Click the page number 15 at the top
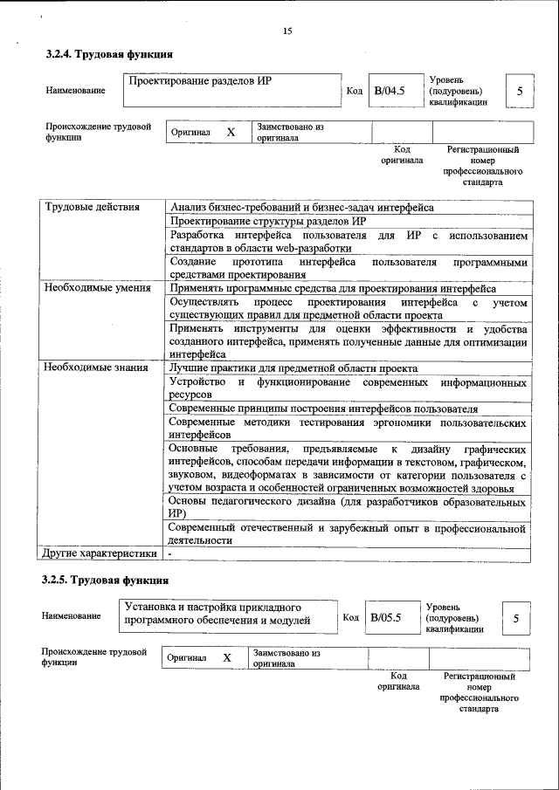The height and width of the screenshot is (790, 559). pyautogui.click(x=287, y=31)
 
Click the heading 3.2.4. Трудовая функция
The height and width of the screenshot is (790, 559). pyautogui.click(x=103, y=55)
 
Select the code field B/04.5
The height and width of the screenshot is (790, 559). pyautogui.click(x=390, y=90)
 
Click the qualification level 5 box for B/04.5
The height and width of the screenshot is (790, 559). pyautogui.click(x=520, y=91)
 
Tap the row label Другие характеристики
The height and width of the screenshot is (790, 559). pyautogui.click(x=100, y=553)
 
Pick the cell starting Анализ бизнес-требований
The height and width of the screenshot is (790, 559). pyautogui.click(x=301, y=207)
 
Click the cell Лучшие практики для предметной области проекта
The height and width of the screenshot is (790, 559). pyautogui.click(x=293, y=368)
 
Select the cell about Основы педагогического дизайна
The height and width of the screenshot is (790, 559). pyautogui.click(x=347, y=509)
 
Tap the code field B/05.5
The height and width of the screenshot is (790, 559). pyautogui.click(x=385, y=617)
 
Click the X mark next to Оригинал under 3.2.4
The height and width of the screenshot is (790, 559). pyautogui.click(x=231, y=132)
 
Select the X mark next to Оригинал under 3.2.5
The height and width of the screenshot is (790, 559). pyautogui.click(x=226, y=657)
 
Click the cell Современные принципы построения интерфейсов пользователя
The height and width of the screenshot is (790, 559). pyautogui.click(x=323, y=408)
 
